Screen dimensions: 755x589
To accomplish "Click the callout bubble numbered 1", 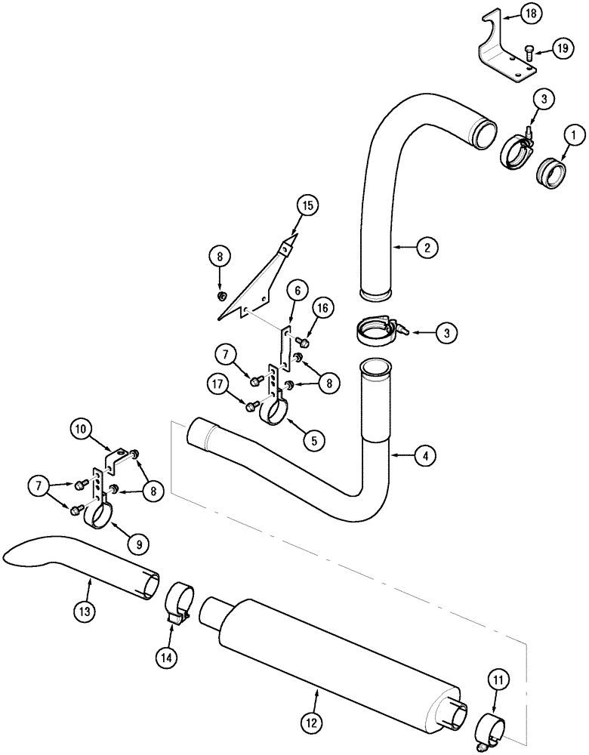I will coord(573,136).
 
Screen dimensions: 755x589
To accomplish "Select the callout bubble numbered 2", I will coord(427,246).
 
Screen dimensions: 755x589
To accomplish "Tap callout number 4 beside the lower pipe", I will coord(424,455).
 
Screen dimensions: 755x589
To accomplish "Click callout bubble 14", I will coord(168,657).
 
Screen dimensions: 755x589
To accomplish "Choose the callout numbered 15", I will coord(308,184).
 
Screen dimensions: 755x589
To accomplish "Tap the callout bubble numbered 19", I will coord(563,49).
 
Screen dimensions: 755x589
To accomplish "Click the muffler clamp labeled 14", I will coord(179,602).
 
